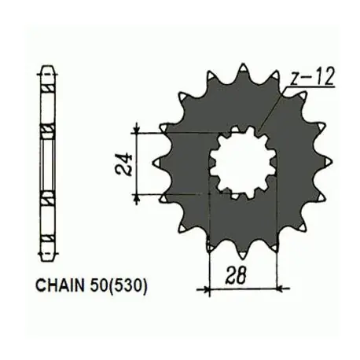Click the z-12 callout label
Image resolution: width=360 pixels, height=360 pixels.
[312, 76]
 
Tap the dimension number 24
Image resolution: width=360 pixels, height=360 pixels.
[123, 163]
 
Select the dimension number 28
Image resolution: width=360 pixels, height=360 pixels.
[236, 275]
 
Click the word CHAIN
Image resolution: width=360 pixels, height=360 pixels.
[61, 285]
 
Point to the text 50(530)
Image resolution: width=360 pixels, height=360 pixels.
[119, 285]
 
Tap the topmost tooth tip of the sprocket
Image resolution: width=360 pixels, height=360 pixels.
[244, 67]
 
